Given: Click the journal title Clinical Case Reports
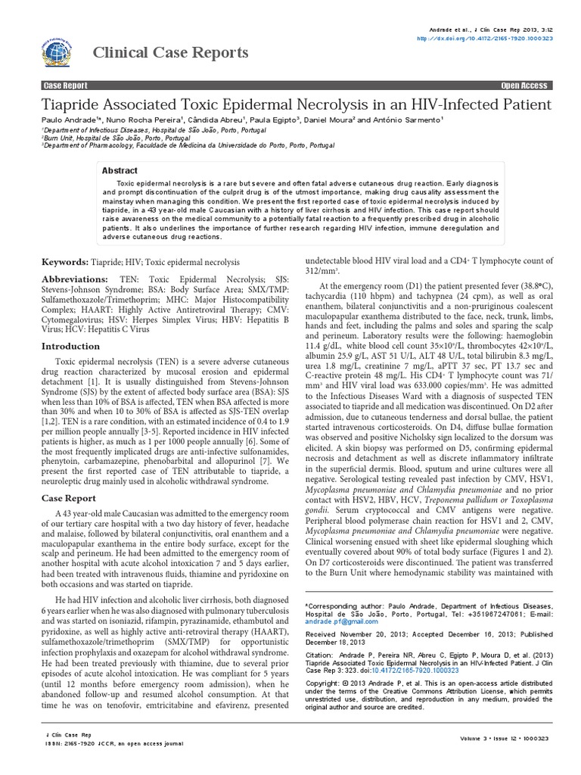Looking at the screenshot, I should click(170, 52).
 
